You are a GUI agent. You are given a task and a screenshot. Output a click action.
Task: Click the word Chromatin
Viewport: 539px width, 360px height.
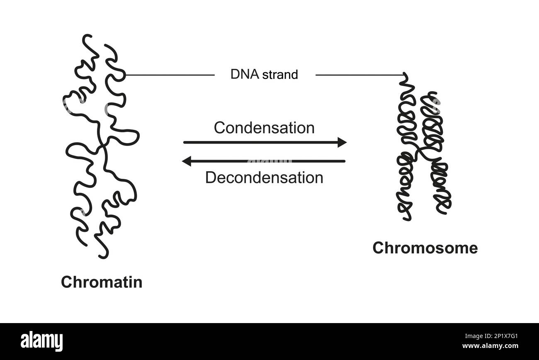(102, 282)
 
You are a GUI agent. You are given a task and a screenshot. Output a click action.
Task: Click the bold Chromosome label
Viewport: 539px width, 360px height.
(425, 248)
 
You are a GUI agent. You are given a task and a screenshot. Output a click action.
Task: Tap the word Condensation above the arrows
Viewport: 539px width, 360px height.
(264, 128)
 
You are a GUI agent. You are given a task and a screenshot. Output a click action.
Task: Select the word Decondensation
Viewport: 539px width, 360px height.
(264, 178)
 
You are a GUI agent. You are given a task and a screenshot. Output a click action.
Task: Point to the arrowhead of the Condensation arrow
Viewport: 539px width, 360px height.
(342, 143)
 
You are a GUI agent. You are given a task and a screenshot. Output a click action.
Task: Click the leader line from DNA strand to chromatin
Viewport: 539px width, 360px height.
(170, 75)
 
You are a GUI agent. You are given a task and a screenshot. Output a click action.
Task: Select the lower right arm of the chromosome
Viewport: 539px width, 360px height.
(442, 187)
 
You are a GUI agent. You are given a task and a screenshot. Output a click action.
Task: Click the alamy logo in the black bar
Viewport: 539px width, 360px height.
(42, 341)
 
